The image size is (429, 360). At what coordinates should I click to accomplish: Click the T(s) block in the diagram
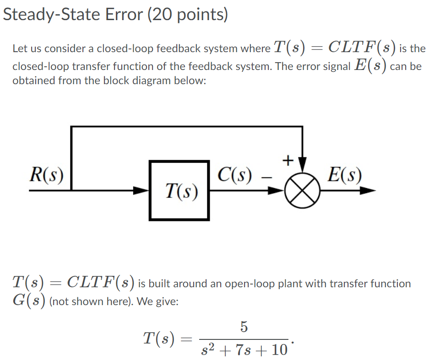179,190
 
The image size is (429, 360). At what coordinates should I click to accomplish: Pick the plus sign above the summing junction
287,160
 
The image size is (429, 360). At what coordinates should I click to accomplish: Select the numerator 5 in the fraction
244,327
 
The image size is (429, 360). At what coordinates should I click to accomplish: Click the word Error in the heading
123,15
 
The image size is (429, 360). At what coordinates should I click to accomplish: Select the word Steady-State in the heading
51,15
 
